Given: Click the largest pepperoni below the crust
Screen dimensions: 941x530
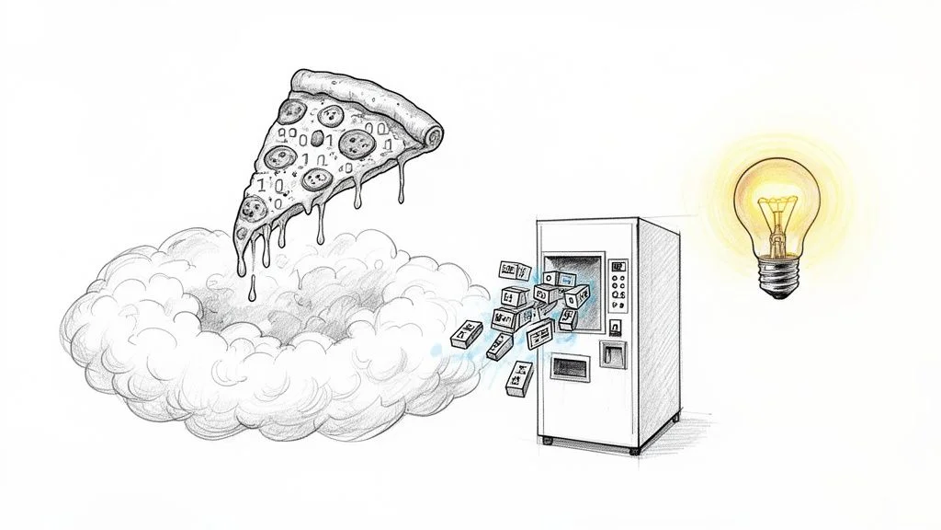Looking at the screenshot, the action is click(355, 143).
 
